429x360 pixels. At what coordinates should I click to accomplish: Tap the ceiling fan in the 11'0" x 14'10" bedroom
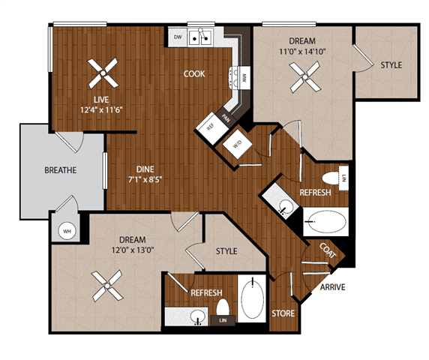pyautogui.click(x=305, y=74)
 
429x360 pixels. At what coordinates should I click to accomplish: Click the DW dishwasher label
pyautogui.click(x=178, y=36)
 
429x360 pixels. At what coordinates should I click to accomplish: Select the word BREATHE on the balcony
pyautogui.click(x=60, y=170)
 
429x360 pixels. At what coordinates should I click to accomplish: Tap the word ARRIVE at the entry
pyautogui.click(x=332, y=287)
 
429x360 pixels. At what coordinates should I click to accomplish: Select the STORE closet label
pyautogui.click(x=283, y=313)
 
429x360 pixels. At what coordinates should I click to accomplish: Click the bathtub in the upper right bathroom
pyautogui.click(x=326, y=222)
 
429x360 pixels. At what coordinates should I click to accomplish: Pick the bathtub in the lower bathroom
pyautogui.click(x=253, y=299)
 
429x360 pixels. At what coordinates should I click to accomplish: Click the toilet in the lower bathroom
pyautogui.click(x=222, y=307)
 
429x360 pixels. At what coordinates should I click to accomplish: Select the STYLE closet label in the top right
pyautogui.click(x=391, y=65)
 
